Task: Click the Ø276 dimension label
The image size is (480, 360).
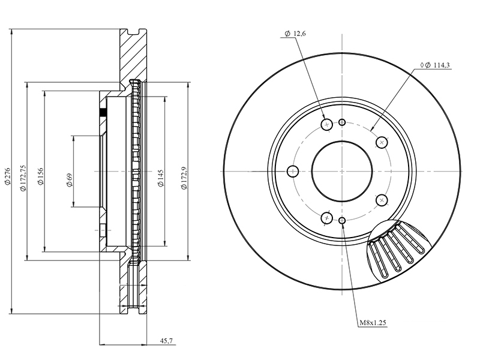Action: tap(8, 176)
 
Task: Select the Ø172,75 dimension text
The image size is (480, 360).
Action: tap(23, 178)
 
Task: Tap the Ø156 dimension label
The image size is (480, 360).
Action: tap(41, 176)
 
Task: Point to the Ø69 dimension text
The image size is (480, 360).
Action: tap(69, 180)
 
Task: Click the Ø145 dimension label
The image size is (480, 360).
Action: tap(161, 178)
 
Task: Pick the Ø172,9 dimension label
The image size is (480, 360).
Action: tap(184, 178)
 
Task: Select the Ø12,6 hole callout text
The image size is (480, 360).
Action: tap(295, 34)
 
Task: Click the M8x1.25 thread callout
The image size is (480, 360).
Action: tap(373, 322)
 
